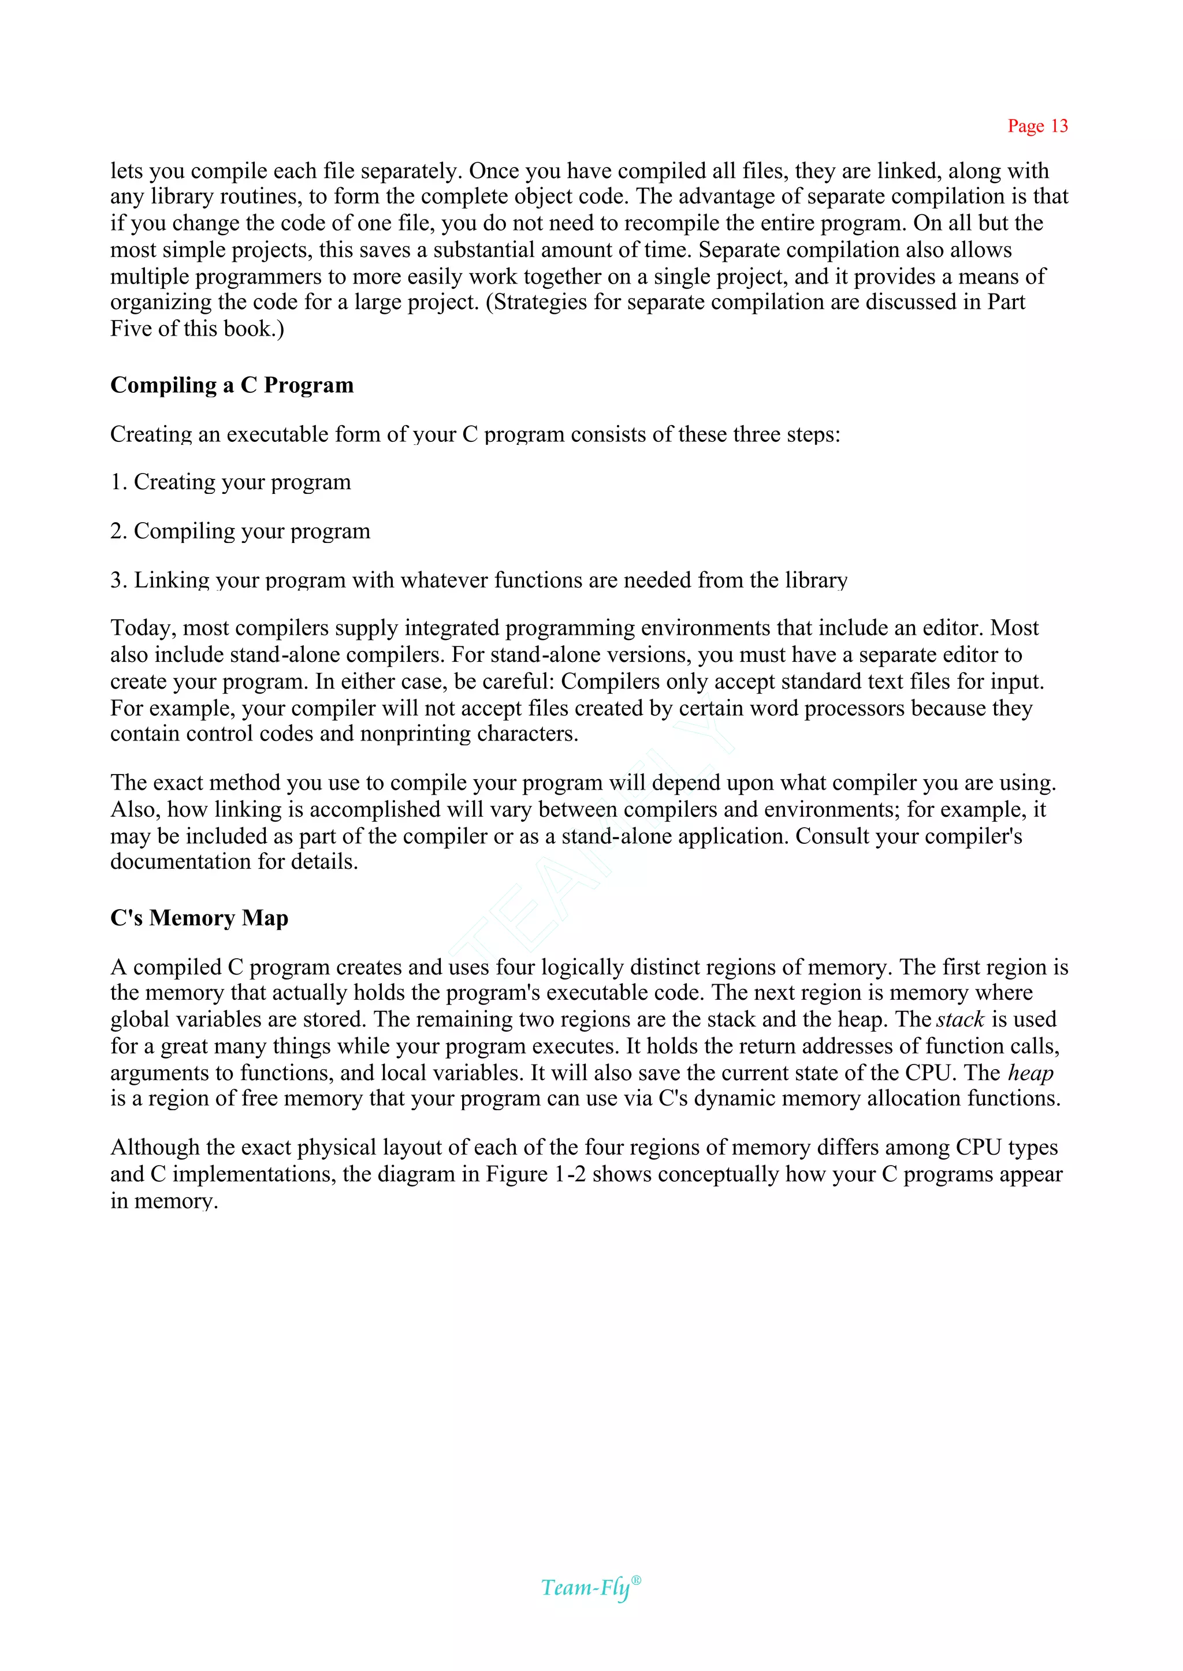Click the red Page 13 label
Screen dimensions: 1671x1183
pos(1037,126)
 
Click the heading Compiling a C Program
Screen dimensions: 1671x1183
pos(232,385)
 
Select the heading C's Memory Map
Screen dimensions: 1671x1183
pos(199,918)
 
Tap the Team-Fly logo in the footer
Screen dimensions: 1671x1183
pos(586,1587)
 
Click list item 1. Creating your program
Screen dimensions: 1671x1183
pos(230,482)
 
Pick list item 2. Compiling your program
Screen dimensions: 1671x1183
pos(240,531)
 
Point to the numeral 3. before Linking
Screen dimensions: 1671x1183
pos(118,580)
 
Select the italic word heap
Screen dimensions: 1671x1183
pos(1030,1073)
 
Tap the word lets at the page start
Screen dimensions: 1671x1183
pos(126,171)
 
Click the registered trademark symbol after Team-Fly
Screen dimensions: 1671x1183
pos(636,1580)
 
